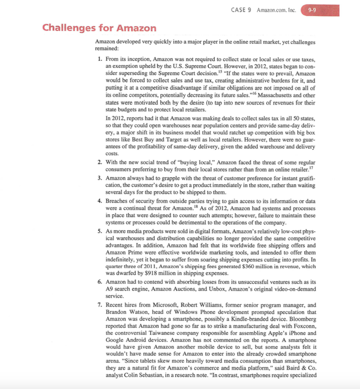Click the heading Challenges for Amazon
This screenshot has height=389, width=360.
coord(99,28)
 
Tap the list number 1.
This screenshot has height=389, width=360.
coord(100,60)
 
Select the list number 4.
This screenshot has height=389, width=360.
coord(100,201)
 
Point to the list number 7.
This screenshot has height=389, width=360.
coord(100,305)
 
